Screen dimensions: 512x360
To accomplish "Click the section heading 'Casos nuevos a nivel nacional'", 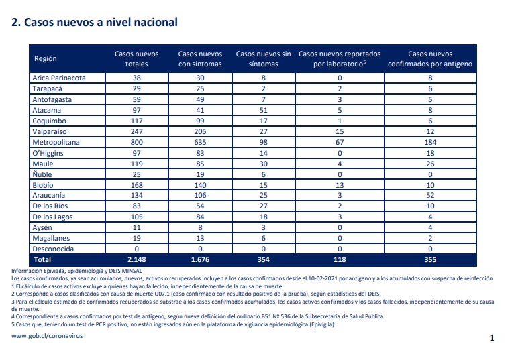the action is (x=101, y=23).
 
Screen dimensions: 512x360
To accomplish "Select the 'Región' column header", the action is (x=46, y=59).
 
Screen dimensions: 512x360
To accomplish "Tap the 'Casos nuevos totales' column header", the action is (x=136, y=59).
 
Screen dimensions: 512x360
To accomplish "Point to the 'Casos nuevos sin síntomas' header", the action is (x=263, y=59).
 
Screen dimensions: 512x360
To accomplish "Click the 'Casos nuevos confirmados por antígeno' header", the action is (x=430, y=59).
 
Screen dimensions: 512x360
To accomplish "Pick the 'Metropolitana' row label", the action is (x=56, y=143).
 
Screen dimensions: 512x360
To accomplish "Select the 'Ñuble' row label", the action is (x=42, y=174).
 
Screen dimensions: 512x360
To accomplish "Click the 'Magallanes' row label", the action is (x=51, y=239).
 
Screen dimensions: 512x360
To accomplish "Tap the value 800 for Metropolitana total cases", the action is (x=136, y=143).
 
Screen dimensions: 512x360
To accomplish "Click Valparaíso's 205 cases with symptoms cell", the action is (x=200, y=132).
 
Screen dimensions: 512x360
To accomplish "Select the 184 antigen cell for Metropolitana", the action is (x=430, y=143).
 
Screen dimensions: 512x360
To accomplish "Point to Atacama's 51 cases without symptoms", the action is (x=263, y=110).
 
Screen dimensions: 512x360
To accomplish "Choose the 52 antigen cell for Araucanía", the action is (x=430, y=195).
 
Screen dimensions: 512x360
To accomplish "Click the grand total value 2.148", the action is (x=136, y=260).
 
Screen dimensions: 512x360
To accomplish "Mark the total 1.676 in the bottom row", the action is (x=200, y=260).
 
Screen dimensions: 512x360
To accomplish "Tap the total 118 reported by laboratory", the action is (x=340, y=260).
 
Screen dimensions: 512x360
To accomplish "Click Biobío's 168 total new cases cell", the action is (x=136, y=185).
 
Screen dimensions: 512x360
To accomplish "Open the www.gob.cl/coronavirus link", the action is (x=47, y=336).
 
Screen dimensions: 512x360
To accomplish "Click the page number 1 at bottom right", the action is (x=492, y=338).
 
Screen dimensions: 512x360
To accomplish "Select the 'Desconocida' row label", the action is (x=53, y=249).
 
